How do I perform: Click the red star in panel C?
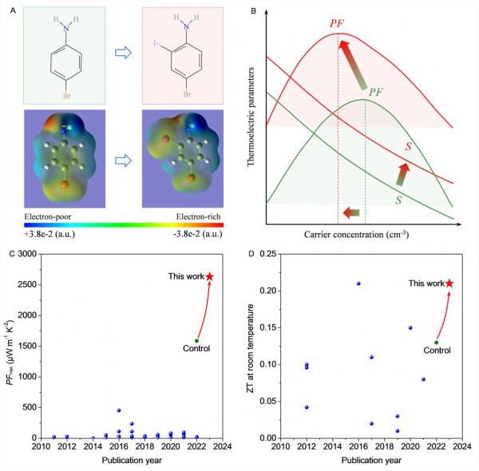(x=210, y=276)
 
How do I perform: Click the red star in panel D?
(x=449, y=283)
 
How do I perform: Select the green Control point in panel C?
(x=196, y=341)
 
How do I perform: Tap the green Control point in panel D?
(x=436, y=342)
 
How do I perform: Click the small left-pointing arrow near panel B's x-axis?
(x=350, y=212)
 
